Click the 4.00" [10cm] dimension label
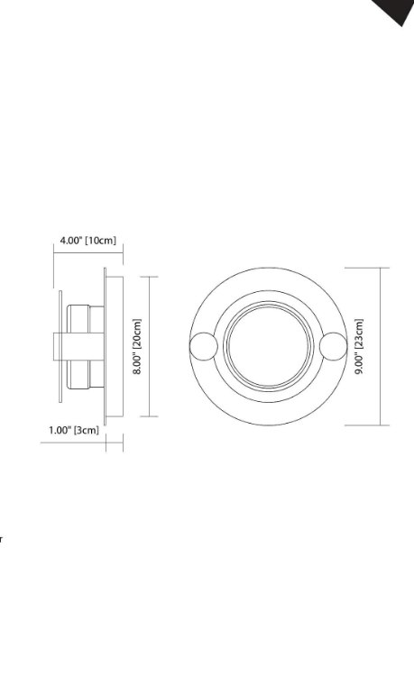pyautogui.click(x=87, y=241)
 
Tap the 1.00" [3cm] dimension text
pyautogui.click(x=73, y=430)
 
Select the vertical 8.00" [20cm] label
pyautogui.click(x=137, y=347)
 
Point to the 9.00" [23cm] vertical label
pyautogui.click(x=359, y=347)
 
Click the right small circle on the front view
pyautogui.click(x=334, y=346)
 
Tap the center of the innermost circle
pyautogui.click(x=268, y=346)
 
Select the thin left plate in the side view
pyautogui.click(x=59, y=345)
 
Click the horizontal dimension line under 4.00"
pyautogui.click(x=87, y=252)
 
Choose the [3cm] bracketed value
pyautogui.click(x=86, y=430)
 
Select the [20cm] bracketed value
pyautogui.click(x=137, y=335)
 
